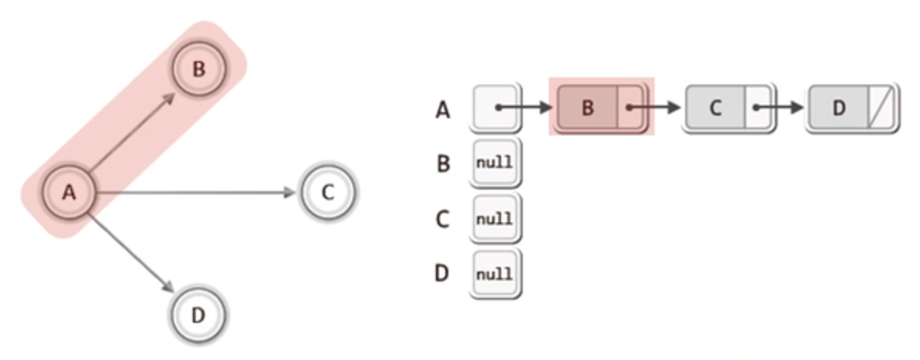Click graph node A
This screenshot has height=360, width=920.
pyautogui.click(x=69, y=193)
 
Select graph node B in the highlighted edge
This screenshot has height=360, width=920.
pyautogui.click(x=199, y=69)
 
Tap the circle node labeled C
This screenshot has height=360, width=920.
pyautogui.click(x=328, y=192)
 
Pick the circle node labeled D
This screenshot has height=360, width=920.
pyautogui.click(x=197, y=315)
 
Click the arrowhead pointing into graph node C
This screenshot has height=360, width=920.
pyautogui.click(x=291, y=192)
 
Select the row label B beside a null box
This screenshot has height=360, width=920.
pyautogui.click(x=443, y=164)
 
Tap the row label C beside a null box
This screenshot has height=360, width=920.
pyautogui.click(x=443, y=219)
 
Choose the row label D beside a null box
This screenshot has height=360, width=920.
pyautogui.click(x=442, y=273)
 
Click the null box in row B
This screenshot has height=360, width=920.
pyautogui.click(x=494, y=163)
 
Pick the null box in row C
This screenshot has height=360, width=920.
pyautogui.click(x=494, y=218)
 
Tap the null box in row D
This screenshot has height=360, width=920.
pyautogui.click(x=494, y=273)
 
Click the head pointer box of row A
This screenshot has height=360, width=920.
pyautogui.click(x=494, y=107)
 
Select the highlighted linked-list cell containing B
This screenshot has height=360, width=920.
pyautogui.click(x=587, y=107)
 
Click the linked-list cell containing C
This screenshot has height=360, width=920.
pyautogui.click(x=715, y=107)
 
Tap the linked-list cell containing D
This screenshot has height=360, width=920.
pyautogui.click(x=838, y=107)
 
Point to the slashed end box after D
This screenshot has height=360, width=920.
pyautogui.click(x=881, y=107)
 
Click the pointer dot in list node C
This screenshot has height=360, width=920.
pyautogui.click(x=757, y=107)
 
